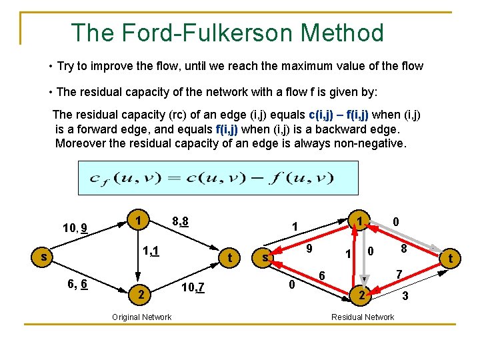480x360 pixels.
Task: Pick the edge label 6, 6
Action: point(81,283)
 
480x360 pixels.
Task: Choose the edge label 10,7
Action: point(193,287)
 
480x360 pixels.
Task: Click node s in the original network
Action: point(43,256)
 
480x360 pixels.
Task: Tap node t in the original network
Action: point(229,257)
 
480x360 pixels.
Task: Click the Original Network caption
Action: point(141,317)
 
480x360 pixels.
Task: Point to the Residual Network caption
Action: point(363,317)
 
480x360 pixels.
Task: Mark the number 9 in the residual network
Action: point(309,249)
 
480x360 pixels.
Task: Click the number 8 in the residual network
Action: point(403,248)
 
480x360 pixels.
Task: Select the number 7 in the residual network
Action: point(399,274)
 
